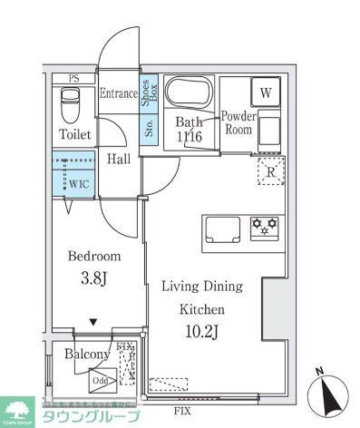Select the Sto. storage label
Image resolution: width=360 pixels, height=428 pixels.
[x=149, y=126]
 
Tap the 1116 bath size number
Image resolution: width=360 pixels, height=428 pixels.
[x=189, y=137]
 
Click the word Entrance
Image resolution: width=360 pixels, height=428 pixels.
[x=118, y=92]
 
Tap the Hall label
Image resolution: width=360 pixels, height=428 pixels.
[x=119, y=159]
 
